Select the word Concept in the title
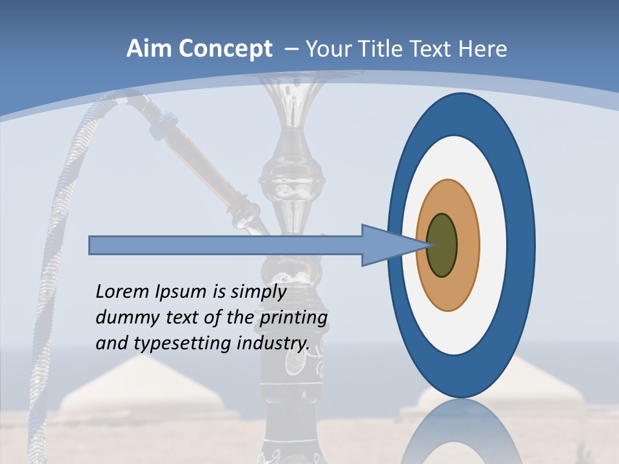coord(225,49)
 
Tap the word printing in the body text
coord(293,318)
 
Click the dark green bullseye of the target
coord(442,246)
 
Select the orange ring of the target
coord(467,246)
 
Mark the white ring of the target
coord(493,246)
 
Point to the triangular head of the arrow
coord(387,246)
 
